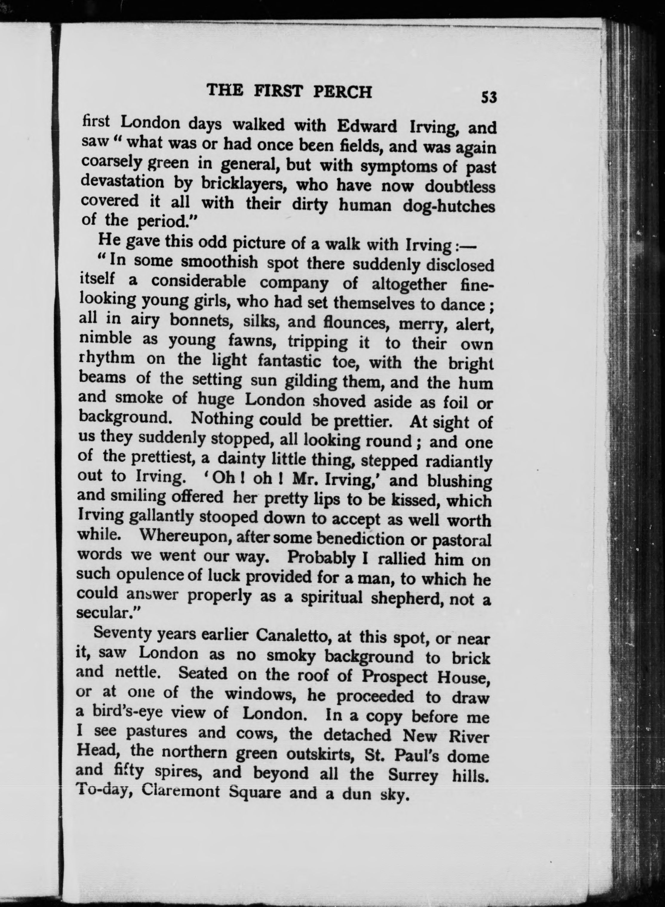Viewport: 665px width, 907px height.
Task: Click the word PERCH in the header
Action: [x=342, y=92]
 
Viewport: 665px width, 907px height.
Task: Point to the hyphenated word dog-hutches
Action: [x=449, y=206]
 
